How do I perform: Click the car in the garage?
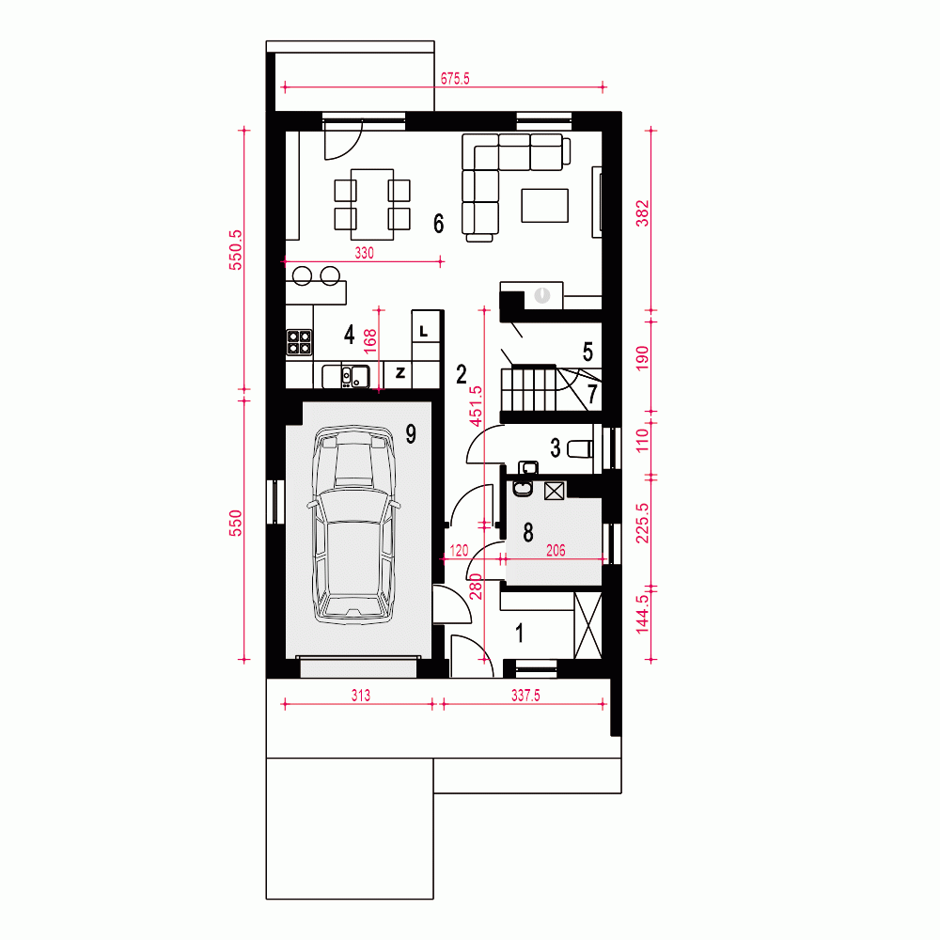353,525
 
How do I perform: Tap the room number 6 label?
439,224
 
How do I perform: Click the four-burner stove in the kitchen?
299,342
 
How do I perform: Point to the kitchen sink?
354,377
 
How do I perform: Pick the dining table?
372,204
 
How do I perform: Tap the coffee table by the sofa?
545,206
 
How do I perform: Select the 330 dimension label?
365,253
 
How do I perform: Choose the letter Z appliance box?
400,374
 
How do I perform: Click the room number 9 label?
411,433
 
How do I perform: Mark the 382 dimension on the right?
642,213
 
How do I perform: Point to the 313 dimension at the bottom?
361,696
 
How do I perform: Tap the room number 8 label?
528,532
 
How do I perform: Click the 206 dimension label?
556,550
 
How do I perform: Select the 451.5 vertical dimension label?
476,406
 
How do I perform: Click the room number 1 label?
519,633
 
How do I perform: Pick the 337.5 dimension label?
525,696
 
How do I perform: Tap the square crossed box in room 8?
555,491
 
